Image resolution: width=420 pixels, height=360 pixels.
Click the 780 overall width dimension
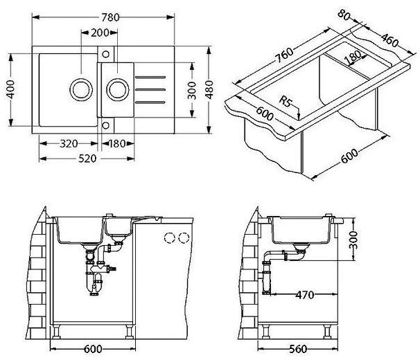pyautogui.click(x=110, y=17)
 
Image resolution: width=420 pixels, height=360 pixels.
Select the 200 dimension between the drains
pyautogui.click(x=100, y=33)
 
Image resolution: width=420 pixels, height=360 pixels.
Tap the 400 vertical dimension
pyautogui.click(x=10, y=89)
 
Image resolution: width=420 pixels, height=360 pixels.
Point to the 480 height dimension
pyautogui.click(x=209, y=89)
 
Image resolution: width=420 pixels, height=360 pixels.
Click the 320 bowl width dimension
pyautogui.click(x=69, y=144)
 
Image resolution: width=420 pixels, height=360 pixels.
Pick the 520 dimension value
pyautogui.click(x=87, y=159)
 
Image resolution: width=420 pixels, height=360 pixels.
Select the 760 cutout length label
pyautogui.click(x=285, y=55)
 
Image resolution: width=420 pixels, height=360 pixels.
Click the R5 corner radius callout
pyautogui.click(x=285, y=101)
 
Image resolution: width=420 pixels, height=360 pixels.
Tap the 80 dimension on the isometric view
pyautogui.click(x=344, y=15)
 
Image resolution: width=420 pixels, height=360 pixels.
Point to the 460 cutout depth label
pyautogui.click(x=390, y=39)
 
